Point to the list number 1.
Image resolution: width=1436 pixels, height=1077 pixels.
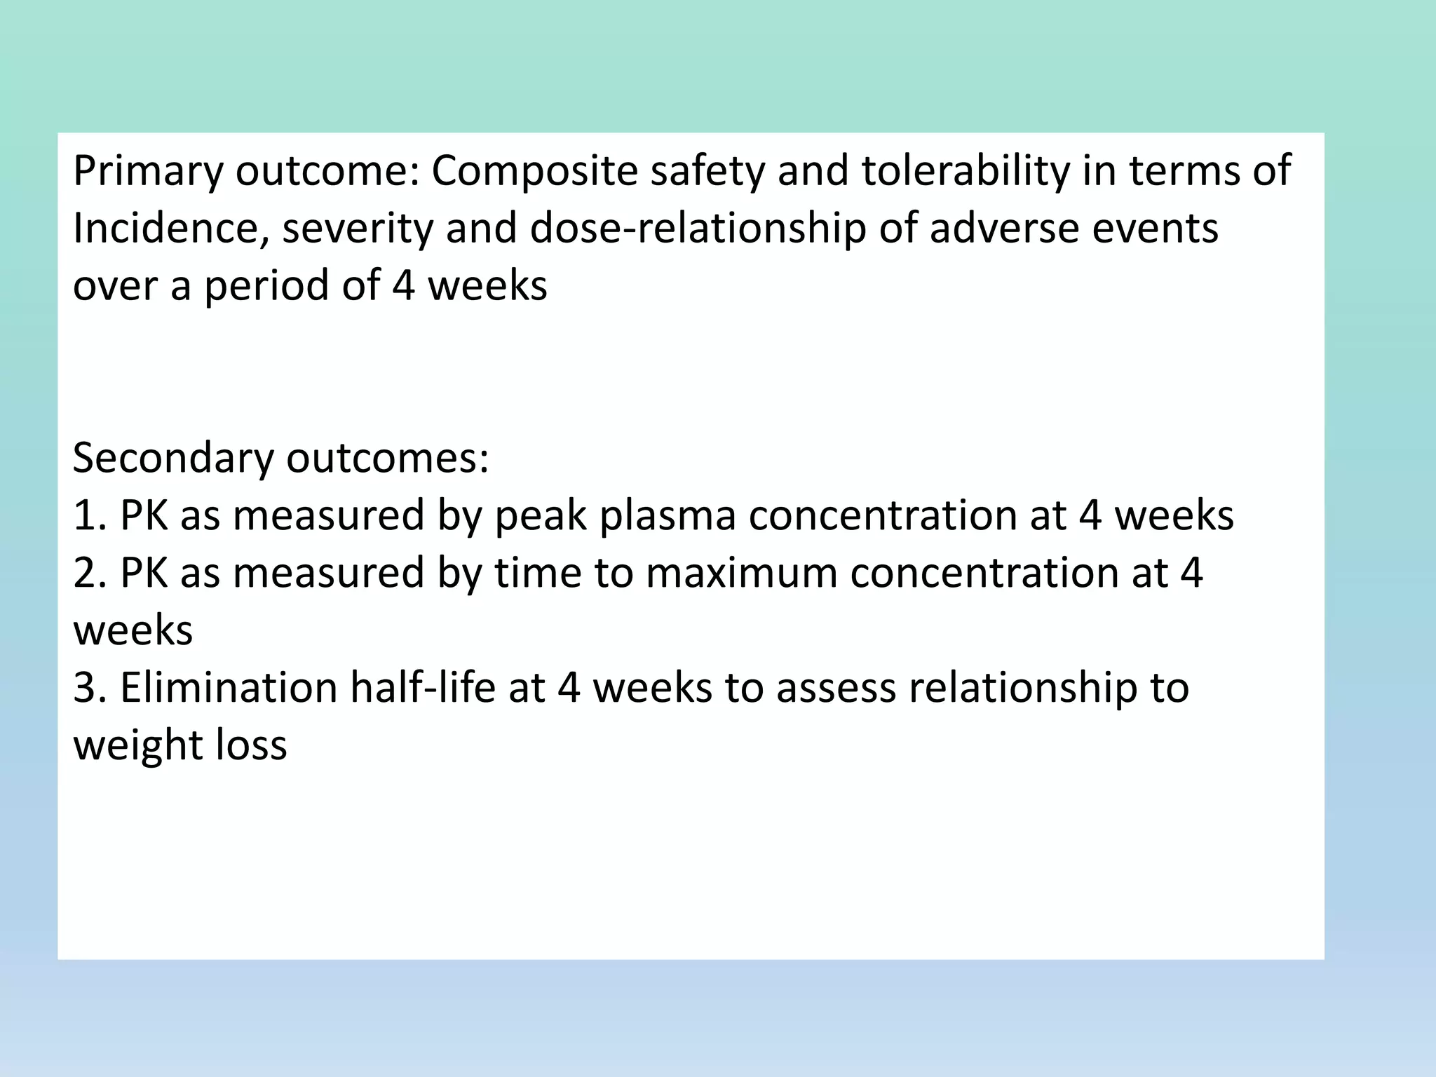(88, 516)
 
